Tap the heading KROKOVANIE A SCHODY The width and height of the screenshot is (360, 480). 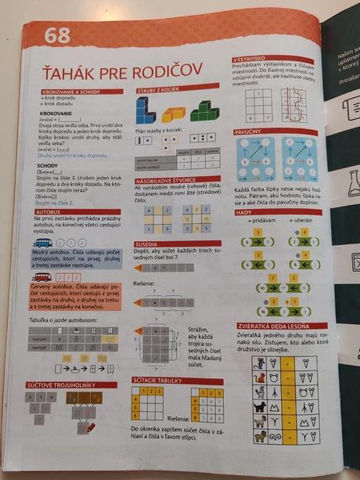(67, 92)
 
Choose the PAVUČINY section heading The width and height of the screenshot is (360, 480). (249, 133)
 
